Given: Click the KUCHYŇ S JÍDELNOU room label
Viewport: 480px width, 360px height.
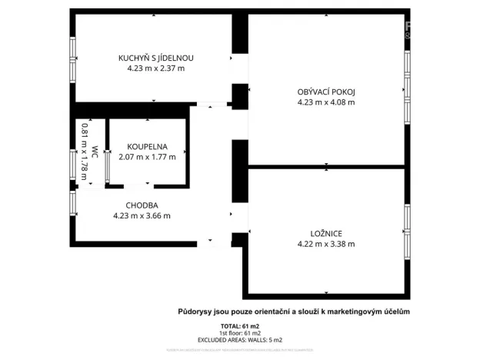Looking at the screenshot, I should pyautogui.click(x=155, y=58).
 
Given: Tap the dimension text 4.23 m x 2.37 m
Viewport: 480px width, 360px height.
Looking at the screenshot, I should pyautogui.click(x=155, y=68).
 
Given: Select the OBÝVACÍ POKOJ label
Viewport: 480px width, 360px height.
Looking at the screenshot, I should pyautogui.click(x=326, y=93).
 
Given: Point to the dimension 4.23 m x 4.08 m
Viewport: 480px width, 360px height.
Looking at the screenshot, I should pyautogui.click(x=326, y=103).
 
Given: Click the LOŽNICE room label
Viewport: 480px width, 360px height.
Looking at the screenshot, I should pyautogui.click(x=326, y=234).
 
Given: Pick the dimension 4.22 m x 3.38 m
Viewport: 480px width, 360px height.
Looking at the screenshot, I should pyautogui.click(x=326, y=245).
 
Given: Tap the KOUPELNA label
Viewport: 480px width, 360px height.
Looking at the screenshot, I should pyautogui.click(x=147, y=145).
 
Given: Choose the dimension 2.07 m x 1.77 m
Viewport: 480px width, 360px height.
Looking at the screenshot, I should pyautogui.click(x=147, y=156).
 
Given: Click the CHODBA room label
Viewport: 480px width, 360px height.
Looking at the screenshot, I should pyautogui.click(x=142, y=205).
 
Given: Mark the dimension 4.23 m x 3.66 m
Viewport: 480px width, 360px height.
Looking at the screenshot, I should pyautogui.click(x=142, y=216).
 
